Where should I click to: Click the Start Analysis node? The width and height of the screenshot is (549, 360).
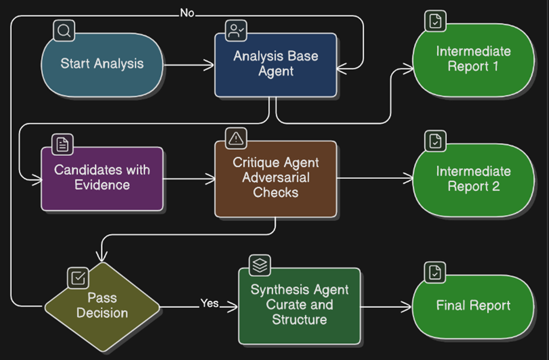click(102, 64)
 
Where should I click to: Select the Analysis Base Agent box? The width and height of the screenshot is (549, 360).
click(276, 64)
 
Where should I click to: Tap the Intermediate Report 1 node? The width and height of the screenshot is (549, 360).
click(474, 59)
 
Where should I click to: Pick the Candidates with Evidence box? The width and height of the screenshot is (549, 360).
click(102, 178)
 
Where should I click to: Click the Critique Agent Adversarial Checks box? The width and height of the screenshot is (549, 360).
click(276, 178)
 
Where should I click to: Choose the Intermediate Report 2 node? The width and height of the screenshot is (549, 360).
click(474, 179)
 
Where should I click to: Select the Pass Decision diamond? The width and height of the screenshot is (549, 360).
click(102, 306)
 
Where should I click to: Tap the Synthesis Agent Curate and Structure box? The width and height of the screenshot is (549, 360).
click(300, 306)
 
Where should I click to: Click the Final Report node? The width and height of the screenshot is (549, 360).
click(474, 306)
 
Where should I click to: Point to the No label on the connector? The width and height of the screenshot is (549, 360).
click(187, 13)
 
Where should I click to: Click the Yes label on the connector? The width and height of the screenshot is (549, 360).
click(210, 303)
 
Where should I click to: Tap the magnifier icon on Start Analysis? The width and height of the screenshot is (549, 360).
click(64, 30)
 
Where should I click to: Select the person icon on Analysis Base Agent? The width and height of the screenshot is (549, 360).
click(237, 30)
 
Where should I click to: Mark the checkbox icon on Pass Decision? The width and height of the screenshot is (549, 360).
click(78, 278)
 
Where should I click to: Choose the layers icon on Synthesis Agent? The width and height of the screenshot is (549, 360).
click(260, 265)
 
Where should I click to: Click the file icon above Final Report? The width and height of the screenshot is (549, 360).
click(435, 272)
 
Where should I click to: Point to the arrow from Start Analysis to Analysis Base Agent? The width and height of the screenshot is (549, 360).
click(189, 65)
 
